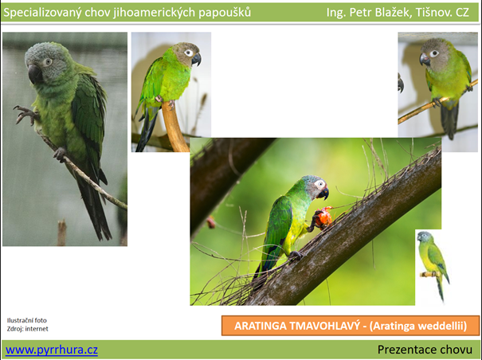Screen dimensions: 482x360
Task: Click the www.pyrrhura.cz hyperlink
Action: click(x=52, y=350)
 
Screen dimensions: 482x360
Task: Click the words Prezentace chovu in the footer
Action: click(x=425, y=350)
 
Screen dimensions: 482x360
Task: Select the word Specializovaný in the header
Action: click(x=41, y=13)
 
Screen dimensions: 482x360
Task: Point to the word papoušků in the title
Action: click(x=225, y=13)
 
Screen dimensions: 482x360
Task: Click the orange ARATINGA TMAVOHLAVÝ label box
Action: click(x=351, y=326)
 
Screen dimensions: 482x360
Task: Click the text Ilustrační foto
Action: click(x=27, y=320)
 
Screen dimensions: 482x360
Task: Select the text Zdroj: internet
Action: click(x=28, y=329)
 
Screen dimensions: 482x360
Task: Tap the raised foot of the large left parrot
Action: click(x=25, y=115)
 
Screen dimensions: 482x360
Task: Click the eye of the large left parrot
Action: click(x=47, y=62)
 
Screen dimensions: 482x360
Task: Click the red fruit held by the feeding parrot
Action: click(x=323, y=217)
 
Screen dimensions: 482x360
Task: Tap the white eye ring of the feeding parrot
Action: click(x=320, y=185)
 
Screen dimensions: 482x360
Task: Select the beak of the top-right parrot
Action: click(x=425, y=59)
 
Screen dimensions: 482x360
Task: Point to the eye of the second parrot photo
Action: click(x=189, y=53)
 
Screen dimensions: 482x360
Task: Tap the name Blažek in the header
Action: click(x=394, y=12)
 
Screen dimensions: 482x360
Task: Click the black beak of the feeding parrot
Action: click(x=323, y=194)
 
